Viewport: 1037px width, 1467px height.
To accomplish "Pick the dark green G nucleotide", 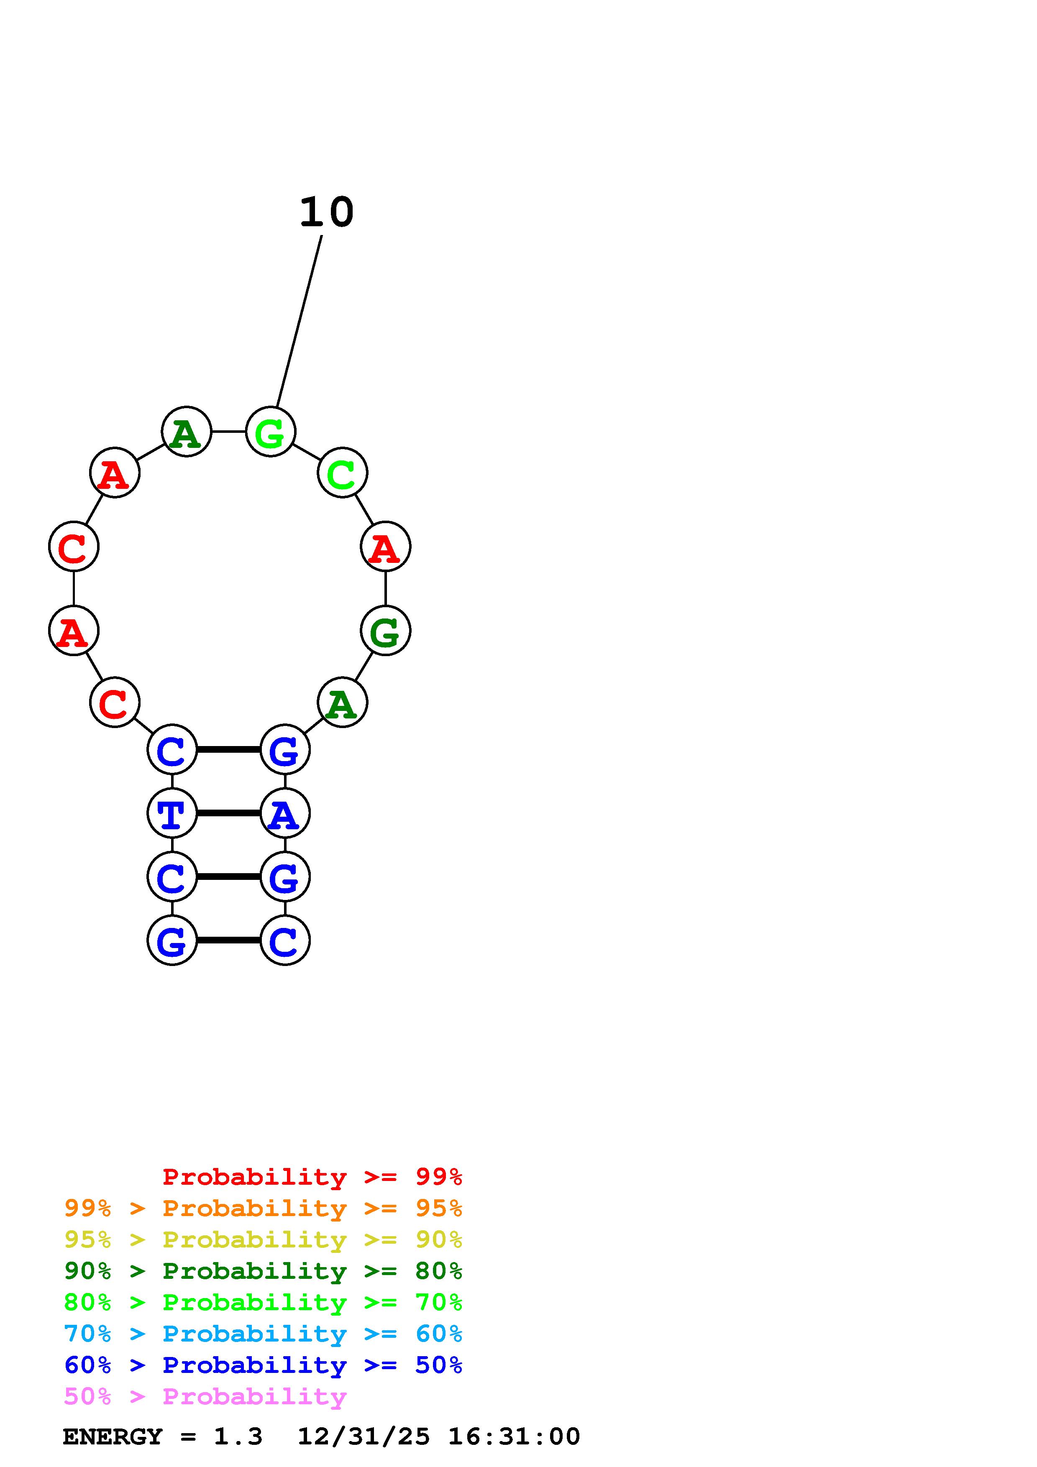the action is click(385, 631).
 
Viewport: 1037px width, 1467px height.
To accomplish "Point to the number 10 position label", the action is click(327, 213).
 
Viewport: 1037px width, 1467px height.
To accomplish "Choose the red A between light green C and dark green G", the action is click(385, 547).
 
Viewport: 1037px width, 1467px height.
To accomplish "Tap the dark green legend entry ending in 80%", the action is click(263, 1271).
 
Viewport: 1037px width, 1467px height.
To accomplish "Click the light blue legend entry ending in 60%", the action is click(263, 1334).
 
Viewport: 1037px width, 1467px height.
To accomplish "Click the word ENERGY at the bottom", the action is click(113, 1437).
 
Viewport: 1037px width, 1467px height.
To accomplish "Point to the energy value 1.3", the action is click(238, 1437).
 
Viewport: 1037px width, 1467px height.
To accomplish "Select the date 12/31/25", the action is click(364, 1437).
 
